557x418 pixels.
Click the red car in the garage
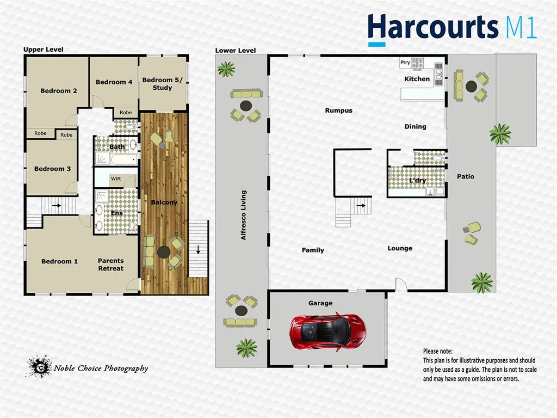(328, 331)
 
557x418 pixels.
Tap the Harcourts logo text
(433, 27)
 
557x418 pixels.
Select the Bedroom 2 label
(59, 91)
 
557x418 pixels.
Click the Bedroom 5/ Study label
(157, 84)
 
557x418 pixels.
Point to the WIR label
(116, 178)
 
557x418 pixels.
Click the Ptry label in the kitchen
(405, 63)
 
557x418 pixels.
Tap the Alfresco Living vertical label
(244, 215)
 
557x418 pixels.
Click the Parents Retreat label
(110, 265)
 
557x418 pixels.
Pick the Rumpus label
(339, 110)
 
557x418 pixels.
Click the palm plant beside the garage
(247, 347)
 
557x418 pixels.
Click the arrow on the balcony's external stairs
(197, 251)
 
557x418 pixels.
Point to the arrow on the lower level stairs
(360, 206)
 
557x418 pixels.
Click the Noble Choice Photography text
(101, 368)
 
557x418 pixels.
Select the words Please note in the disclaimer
(438, 352)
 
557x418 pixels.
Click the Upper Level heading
(43, 50)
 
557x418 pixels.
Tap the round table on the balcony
(163, 251)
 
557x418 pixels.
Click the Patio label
(466, 176)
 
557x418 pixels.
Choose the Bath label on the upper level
(116, 146)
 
